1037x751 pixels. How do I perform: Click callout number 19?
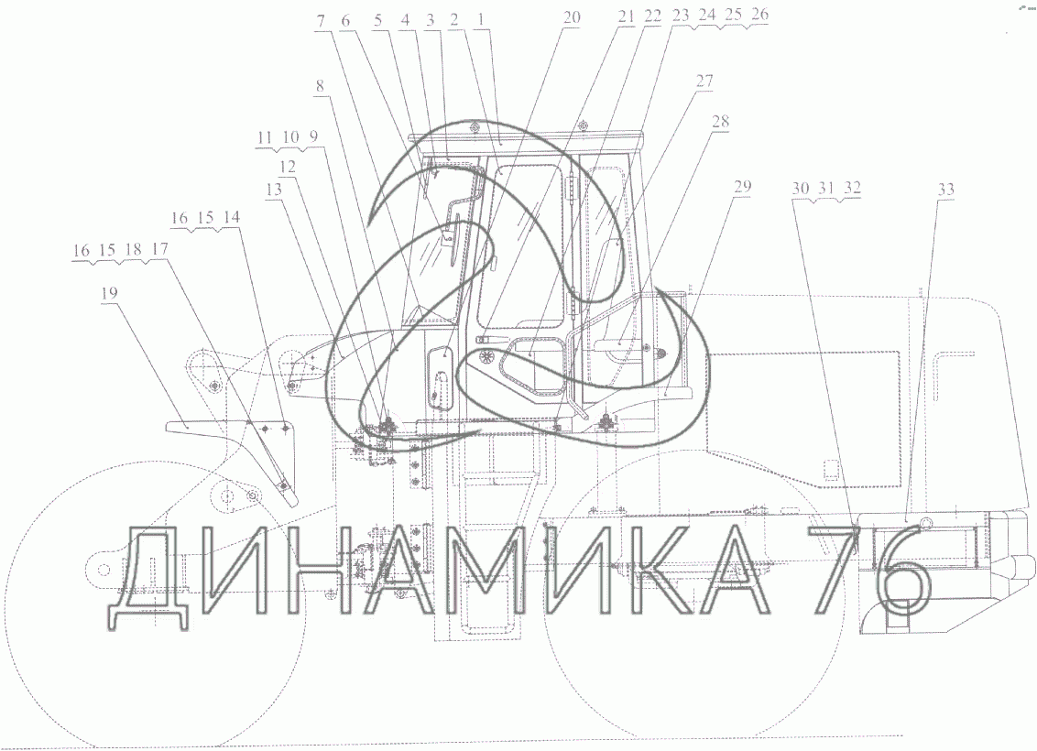click(109, 292)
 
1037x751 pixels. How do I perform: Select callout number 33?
click(946, 190)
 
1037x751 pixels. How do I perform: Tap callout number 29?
click(743, 186)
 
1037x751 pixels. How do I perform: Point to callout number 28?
click(720, 121)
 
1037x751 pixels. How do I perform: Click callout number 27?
click(704, 81)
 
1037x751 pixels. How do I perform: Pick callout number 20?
click(572, 17)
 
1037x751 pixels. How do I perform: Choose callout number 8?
click(321, 85)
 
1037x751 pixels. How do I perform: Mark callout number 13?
click(274, 190)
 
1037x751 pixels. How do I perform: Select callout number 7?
click(321, 21)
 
